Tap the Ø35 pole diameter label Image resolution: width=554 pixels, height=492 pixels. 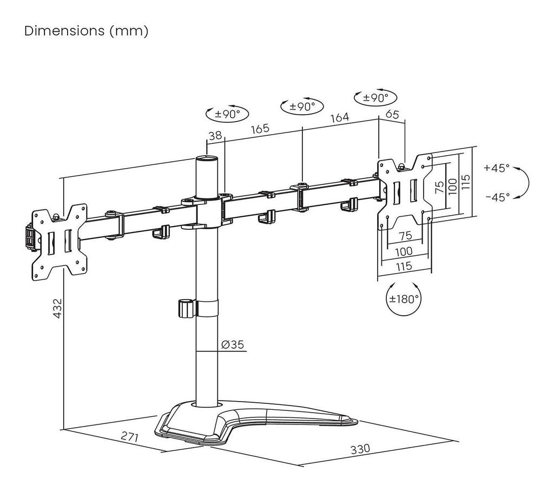click(232, 344)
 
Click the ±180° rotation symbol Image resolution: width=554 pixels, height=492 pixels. click(404, 299)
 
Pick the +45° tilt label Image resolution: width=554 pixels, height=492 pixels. click(497, 168)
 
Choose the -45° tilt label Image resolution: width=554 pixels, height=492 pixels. click(497, 197)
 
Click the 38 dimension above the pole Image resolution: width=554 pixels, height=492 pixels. click(215, 136)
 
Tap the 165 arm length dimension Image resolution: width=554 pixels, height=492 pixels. click(260, 130)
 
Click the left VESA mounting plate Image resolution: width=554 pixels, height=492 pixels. click(60, 241)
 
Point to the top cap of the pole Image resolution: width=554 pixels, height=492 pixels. click(207, 159)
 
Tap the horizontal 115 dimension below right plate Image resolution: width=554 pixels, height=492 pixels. click(404, 266)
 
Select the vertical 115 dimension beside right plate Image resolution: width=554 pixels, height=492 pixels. click(467, 182)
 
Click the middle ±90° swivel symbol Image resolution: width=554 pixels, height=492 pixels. click(302, 107)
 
